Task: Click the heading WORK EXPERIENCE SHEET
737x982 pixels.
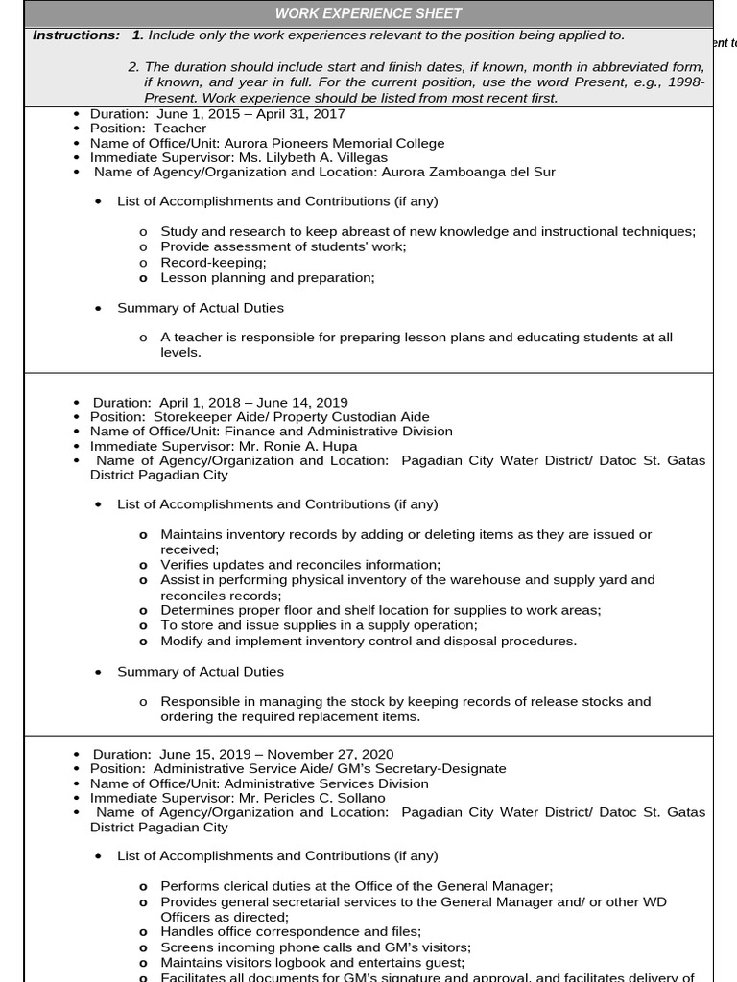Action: pyautogui.click(x=368, y=13)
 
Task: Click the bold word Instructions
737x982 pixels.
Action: pyautogui.click(x=76, y=35)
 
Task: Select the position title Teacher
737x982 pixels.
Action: pyautogui.click(x=179, y=129)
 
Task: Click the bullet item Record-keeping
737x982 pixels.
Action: pyautogui.click(x=213, y=262)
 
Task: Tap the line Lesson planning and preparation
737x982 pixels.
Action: pyautogui.click(x=267, y=277)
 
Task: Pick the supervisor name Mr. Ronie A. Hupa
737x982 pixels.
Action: pyautogui.click(x=291, y=446)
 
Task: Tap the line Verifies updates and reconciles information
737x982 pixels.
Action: pyautogui.click(x=300, y=565)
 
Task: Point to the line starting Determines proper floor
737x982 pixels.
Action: pyautogui.click(x=380, y=610)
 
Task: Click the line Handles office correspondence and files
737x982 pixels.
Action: pyautogui.click(x=291, y=931)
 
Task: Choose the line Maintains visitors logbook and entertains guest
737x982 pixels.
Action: pyautogui.click(x=312, y=962)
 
